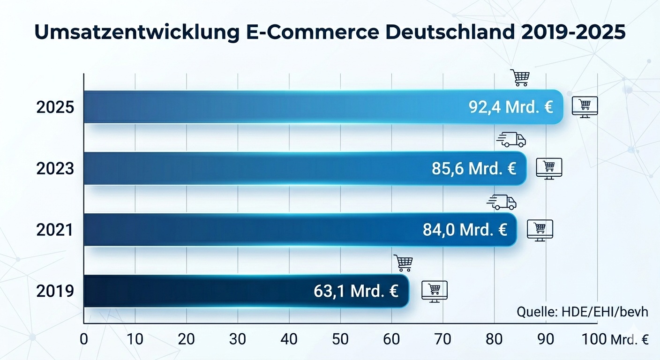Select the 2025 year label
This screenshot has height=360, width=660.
point(55,108)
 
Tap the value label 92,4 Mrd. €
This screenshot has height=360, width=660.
point(511,107)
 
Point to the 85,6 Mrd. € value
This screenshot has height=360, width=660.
point(474,168)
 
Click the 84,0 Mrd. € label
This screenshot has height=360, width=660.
point(465,230)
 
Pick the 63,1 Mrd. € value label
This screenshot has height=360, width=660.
point(356,291)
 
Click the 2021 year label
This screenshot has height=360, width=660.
point(55,230)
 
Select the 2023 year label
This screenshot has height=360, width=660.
point(55,169)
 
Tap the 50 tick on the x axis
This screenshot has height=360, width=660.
point(341,339)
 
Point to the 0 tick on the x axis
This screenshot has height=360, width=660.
point(84,339)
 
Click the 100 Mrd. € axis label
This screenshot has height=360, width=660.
point(615,339)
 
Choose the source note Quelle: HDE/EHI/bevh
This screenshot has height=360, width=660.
point(582,312)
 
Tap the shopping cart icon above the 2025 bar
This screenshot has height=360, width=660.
point(520,78)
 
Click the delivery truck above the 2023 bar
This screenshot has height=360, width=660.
point(511,139)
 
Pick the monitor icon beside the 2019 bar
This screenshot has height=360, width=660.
point(435,291)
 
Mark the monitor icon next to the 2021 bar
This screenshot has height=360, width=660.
point(540,230)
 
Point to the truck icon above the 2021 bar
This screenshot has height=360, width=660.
point(502,202)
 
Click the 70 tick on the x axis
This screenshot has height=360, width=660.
point(443,339)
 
